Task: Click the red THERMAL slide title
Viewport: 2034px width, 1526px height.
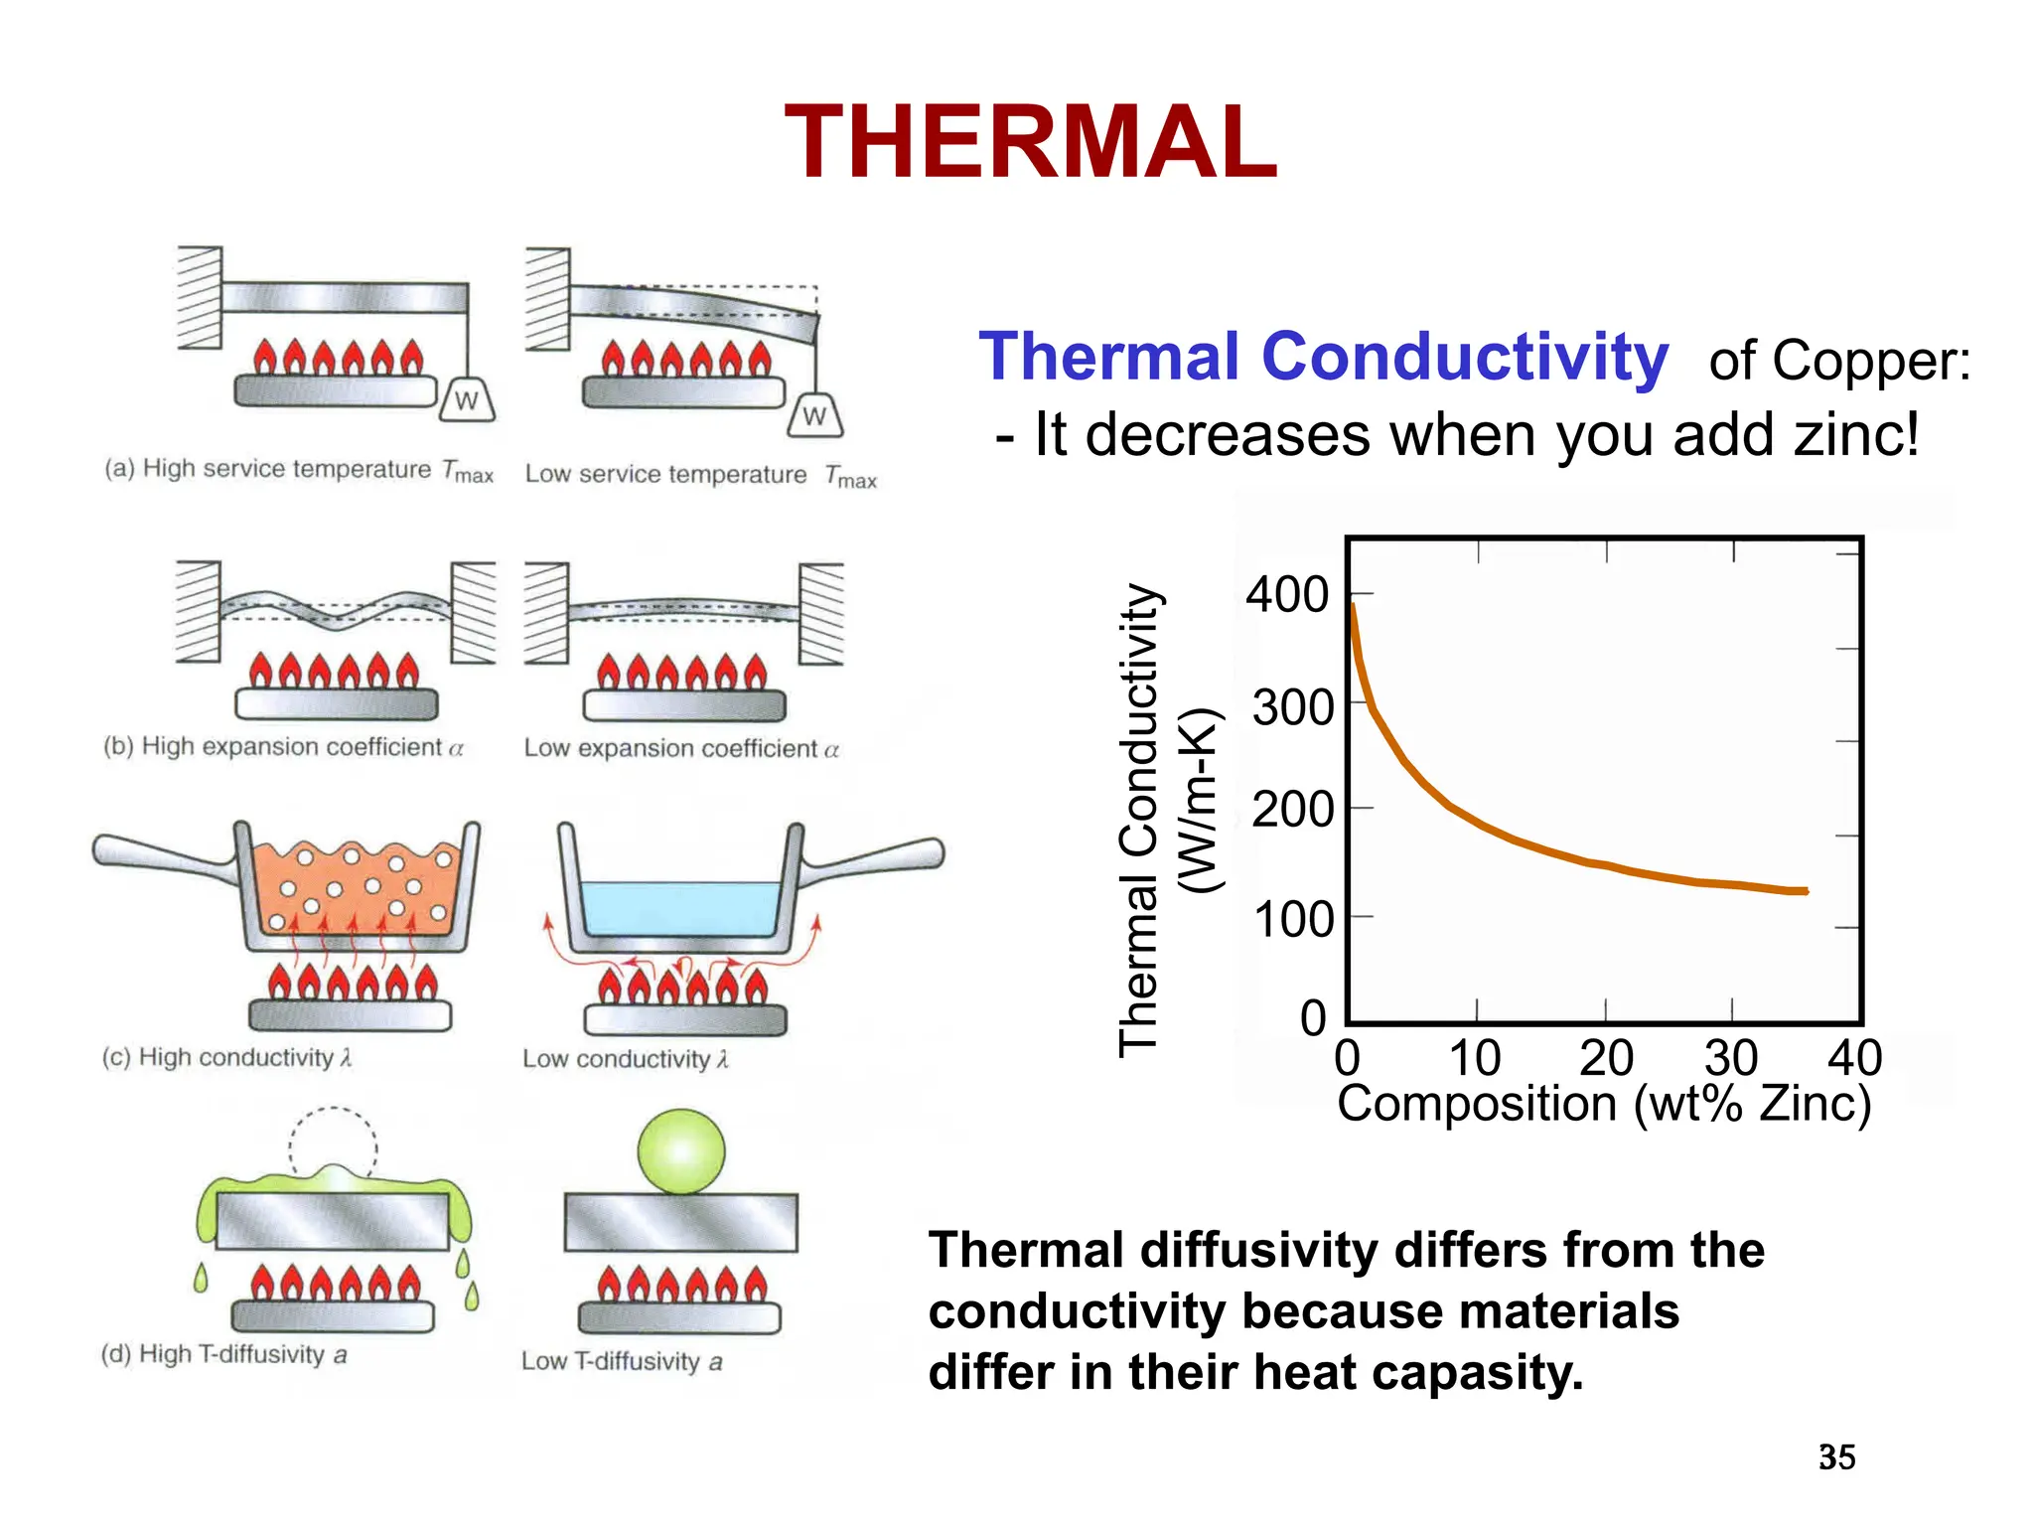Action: [x=1030, y=143]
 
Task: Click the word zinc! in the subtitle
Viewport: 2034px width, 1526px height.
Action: [x=1856, y=435]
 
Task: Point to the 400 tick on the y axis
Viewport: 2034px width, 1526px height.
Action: [x=1287, y=595]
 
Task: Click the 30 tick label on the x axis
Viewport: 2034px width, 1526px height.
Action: [x=1731, y=1058]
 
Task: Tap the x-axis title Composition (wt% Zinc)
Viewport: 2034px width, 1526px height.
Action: [x=1604, y=1104]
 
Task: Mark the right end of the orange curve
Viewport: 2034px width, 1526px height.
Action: [x=1805, y=891]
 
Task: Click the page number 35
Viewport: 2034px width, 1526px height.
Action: [x=1836, y=1457]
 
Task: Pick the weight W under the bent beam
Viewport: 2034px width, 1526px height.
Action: [x=814, y=416]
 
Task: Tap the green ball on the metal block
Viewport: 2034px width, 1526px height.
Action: [x=680, y=1151]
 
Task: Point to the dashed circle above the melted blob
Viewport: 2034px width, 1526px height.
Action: [x=333, y=1140]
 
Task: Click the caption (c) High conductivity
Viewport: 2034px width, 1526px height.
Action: [x=226, y=1057]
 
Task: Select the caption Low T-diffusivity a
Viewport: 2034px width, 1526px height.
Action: [x=622, y=1361]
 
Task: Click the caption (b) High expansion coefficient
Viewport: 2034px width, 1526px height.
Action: [x=283, y=747]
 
